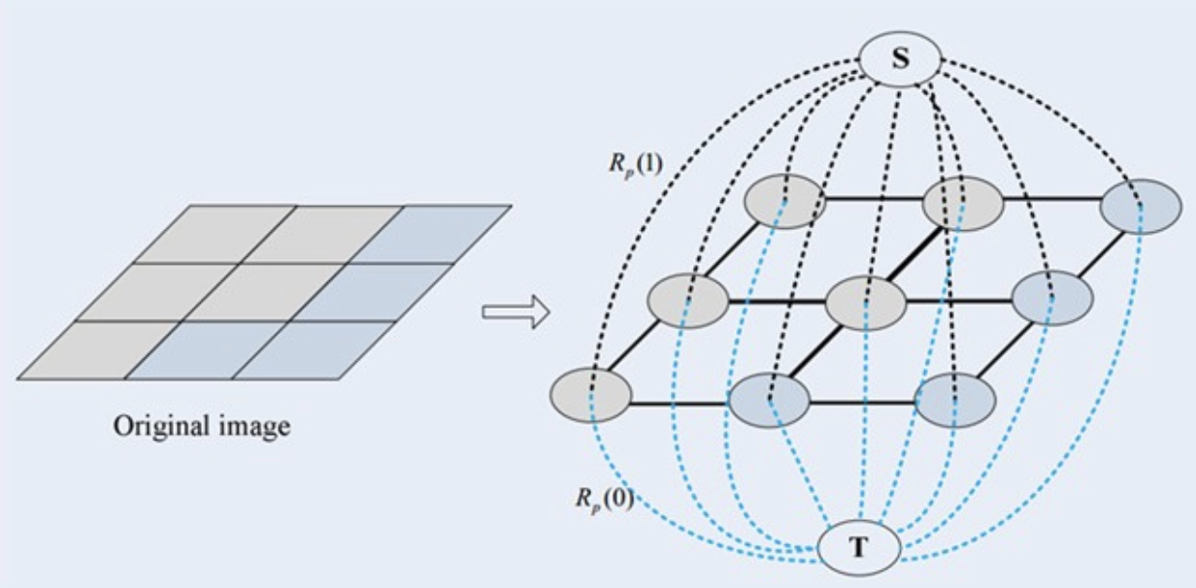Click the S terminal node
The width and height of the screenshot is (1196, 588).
click(901, 60)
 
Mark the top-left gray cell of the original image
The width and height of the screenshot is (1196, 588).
click(216, 233)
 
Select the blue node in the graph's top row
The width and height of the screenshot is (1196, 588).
click(1141, 206)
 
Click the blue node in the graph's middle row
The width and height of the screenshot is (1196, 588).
click(1052, 299)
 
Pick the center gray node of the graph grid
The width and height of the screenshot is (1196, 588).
click(865, 302)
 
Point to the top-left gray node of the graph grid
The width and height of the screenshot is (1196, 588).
click(785, 202)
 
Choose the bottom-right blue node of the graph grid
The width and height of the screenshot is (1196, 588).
click(956, 399)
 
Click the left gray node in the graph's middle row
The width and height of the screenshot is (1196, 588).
click(687, 302)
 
